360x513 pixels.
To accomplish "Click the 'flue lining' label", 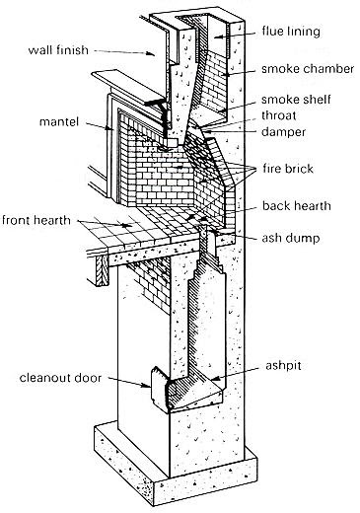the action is [x=291, y=32].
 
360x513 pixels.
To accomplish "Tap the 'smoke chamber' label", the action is [x=308, y=69].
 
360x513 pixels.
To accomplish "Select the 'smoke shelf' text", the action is [x=296, y=100].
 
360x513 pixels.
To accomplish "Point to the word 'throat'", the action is [x=279, y=115].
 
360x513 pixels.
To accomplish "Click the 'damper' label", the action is [x=283, y=132].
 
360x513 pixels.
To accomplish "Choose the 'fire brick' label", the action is [x=288, y=169].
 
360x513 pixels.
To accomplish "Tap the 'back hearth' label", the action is [x=297, y=206].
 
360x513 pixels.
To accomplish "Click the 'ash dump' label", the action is [x=291, y=238].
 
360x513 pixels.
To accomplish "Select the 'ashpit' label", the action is [x=283, y=366].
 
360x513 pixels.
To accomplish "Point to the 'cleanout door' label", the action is [x=60, y=378].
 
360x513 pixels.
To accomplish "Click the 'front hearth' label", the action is [x=36, y=220].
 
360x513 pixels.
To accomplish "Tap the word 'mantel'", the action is [x=59, y=121].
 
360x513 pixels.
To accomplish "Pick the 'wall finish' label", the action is [x=58, y=50].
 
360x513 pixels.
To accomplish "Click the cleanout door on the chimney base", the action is [x=160, y=389].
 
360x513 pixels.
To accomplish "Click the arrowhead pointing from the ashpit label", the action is [x=214, y=379].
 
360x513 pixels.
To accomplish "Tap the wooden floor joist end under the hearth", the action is [x=102, y=270].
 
